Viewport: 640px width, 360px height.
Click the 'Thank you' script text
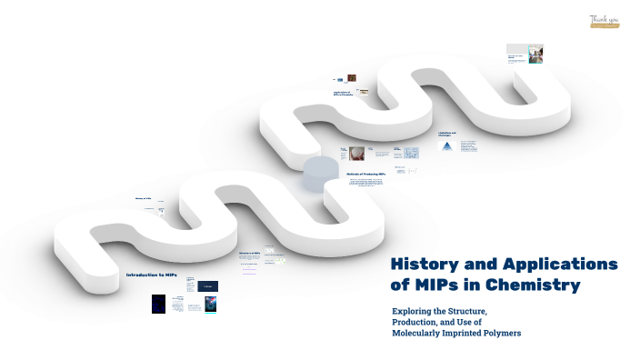604,19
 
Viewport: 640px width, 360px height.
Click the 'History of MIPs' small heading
143,198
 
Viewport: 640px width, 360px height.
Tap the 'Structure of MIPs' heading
249,254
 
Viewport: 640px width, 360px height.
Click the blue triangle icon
445,146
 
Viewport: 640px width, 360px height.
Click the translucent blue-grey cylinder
319,172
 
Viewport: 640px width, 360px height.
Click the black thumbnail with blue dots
158,304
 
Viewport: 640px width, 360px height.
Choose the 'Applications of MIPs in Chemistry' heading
344,94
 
